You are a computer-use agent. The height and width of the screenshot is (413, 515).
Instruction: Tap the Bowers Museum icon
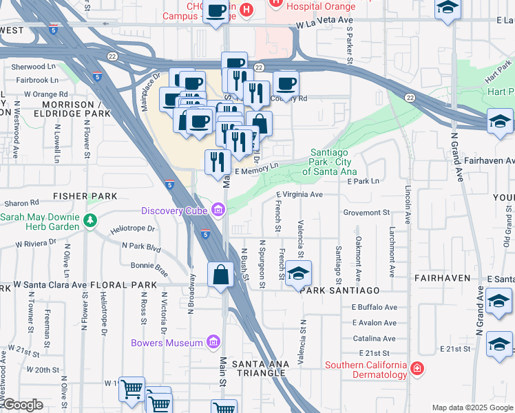(213, 343)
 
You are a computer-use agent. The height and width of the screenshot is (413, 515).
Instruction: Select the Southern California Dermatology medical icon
(416, 370)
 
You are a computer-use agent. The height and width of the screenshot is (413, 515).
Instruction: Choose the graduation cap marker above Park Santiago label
(298, 273)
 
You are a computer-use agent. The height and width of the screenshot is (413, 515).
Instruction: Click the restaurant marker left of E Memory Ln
(218, 162)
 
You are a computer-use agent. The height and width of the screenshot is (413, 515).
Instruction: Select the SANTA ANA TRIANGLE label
(258, 368)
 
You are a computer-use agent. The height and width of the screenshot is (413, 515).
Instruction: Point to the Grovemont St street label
(366, 213)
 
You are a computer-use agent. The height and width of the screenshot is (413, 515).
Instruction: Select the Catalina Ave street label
(374, 339)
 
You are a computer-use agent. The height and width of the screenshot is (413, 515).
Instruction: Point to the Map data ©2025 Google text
(472, 407)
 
